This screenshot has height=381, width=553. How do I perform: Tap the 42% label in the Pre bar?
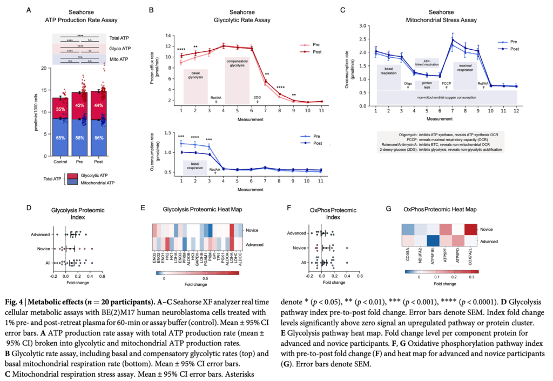coord(79,105)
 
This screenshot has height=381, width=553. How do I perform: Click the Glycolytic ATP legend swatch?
coord(70,176)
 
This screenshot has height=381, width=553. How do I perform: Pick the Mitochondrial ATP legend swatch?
coord(70,183)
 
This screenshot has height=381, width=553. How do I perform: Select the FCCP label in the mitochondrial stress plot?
coord(446,83)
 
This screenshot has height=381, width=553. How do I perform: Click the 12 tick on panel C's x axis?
coord(516,110)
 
